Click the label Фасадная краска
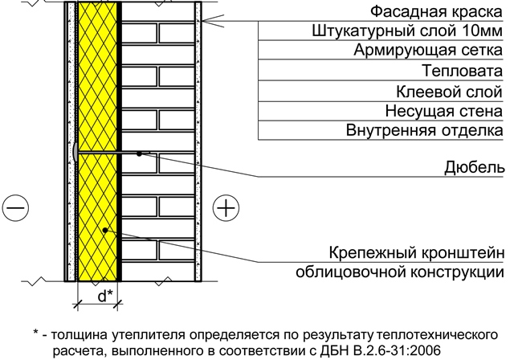click(436, 12)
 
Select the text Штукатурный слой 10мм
click(407, 31)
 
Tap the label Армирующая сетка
click(428, 51)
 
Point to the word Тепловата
click(462, 71)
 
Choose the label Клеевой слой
click(449, 92)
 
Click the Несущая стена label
click(444, 112)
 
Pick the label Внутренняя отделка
click(425, 130)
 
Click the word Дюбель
click(475, 167)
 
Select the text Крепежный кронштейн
click(416, 253)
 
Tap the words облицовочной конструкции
click(400, 272)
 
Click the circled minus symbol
click(15, 208)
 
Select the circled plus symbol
click(226, 208)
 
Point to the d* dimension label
click(105, 296)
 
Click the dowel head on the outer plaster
click(75, 152)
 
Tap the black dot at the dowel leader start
click(139, 153)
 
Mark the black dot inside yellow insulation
click(105, 230)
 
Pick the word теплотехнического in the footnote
click(438, 335)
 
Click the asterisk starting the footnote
click(36, 333)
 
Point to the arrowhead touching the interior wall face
click(204, 21)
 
